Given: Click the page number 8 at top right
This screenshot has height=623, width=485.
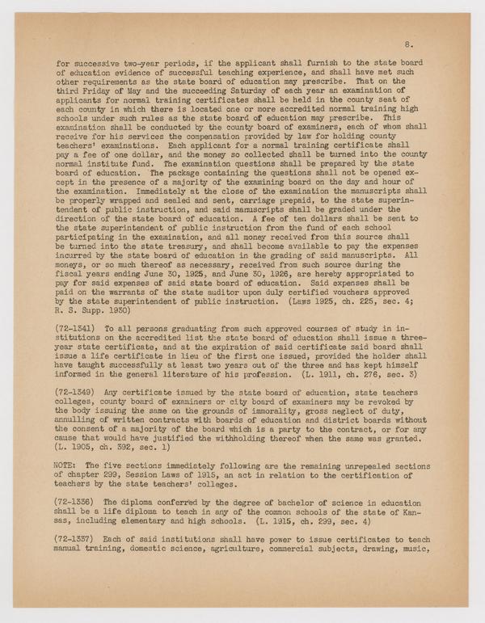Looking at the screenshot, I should [411, 38].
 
